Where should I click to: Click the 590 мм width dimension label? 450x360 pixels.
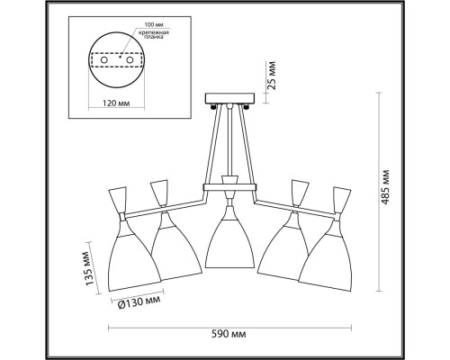(x=229, y=334)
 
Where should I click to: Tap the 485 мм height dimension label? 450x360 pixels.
(x=385, y=187)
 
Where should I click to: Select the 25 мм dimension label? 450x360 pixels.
(x=272, y=76)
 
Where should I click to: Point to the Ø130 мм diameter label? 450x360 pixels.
(x=139, y=301)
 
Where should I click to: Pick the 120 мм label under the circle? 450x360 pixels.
(x=116, y=103)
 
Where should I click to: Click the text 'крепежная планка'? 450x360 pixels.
(x=153, y=34)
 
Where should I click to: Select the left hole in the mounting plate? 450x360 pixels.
(x=104, y=60)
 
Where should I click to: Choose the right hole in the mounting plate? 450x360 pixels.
(x=130, y=60)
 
